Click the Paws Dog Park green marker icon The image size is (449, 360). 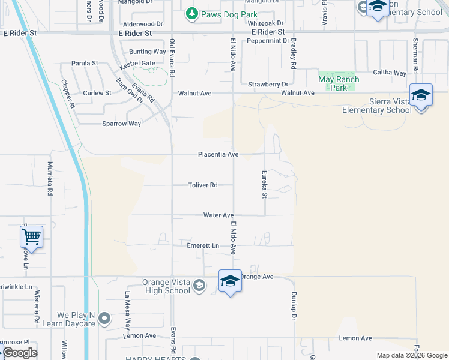click(191, 13)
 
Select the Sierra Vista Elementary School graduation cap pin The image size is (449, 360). click(421, 95)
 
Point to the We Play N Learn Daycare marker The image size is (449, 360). click(105, 319)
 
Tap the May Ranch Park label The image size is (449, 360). click(339, 83)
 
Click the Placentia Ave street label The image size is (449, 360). click(218, 154)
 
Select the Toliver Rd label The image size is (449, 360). click(202, 185)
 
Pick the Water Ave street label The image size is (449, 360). click(218, 215)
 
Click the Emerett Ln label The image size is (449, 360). click(203, 246)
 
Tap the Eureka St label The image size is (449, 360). click(264, 184)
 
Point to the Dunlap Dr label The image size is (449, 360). click(295, 305)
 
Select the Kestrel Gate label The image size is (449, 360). click(137, 63)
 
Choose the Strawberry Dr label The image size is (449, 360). click(268, 84)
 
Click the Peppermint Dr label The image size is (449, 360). click(268, 41)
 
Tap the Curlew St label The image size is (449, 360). click(97, 93)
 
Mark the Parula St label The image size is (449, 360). click(85, 63)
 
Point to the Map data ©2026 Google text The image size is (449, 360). click(411, 355)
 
